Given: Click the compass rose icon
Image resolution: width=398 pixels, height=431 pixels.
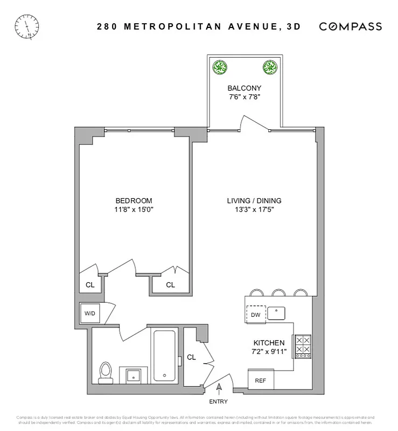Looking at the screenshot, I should click(27, 25).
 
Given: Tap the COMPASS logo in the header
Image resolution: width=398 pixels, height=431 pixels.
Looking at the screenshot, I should click(351, 26).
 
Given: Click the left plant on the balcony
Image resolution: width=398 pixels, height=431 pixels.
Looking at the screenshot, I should click(220, 68).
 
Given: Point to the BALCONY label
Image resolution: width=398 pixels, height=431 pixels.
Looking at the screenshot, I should click(244, 88).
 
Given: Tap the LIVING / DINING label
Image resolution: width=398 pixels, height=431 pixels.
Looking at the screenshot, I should click(254, 201).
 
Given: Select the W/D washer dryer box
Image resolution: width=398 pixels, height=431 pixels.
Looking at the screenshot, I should click(88, 313).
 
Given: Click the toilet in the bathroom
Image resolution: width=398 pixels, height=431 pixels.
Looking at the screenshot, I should click(106, 371).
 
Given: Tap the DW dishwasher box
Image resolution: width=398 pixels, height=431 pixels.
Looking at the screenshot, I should click(256, 314).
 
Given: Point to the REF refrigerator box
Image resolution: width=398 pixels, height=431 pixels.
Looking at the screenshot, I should click(261, 380).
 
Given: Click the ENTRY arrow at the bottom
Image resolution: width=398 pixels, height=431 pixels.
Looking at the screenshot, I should click(219, 387).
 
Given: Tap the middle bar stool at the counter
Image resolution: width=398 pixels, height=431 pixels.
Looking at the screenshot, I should click(278, 293).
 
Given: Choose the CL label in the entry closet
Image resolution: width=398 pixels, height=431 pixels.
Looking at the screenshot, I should click(191, 357).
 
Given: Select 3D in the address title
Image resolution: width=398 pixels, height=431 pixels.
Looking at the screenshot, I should click(292, 26).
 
